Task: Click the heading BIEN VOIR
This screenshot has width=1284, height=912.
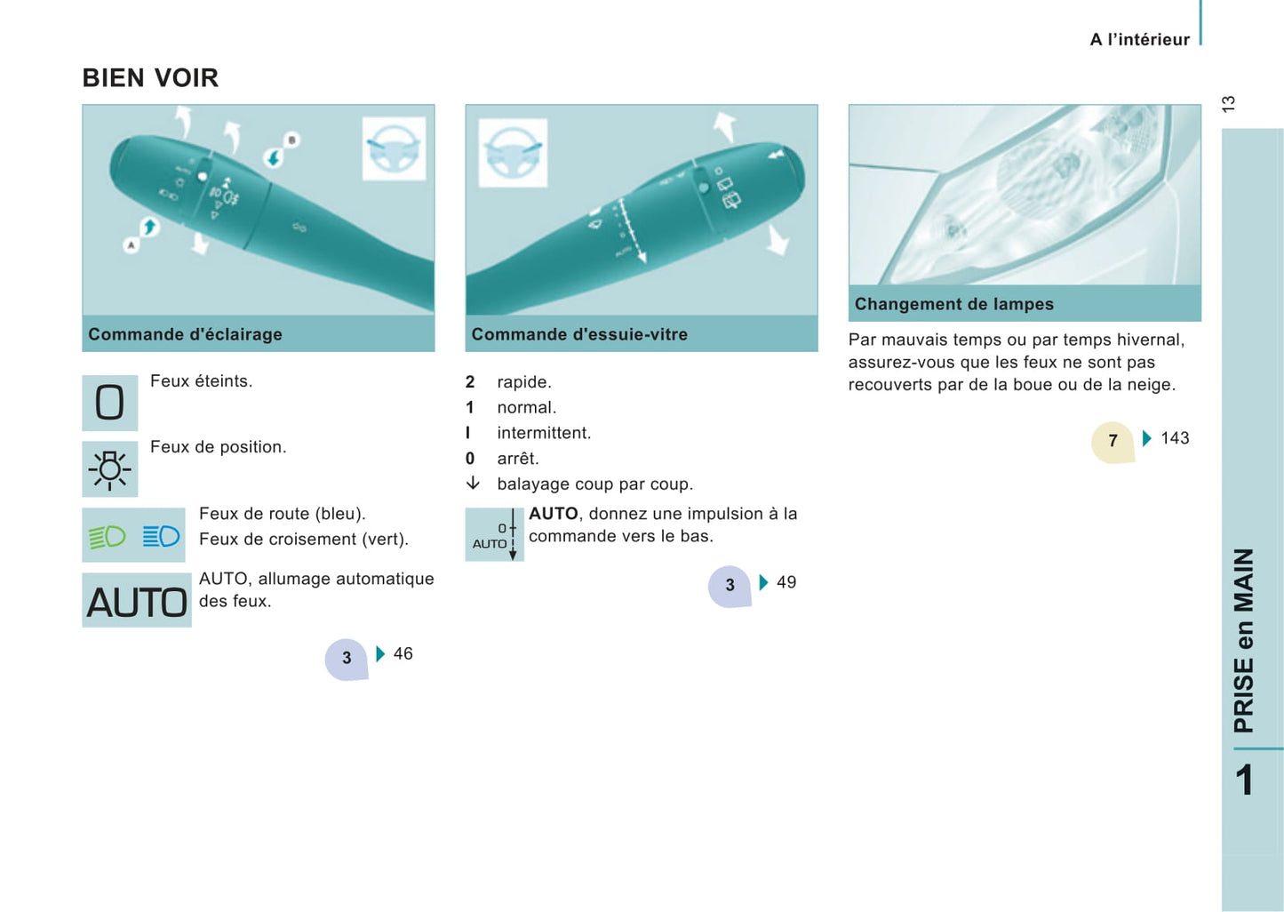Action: click(150, 78)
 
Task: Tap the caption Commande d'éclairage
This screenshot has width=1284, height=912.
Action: click(185, 334)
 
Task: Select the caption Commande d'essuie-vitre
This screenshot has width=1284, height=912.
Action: click(579, 334)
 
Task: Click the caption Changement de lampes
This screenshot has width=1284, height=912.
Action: click(953, 303)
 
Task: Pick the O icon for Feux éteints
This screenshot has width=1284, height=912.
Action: click(109, 403)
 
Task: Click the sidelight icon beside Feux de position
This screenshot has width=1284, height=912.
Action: click(109, 468)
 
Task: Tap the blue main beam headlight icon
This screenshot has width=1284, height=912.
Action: click(161, 536)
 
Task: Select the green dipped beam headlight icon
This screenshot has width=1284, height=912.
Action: click(108, 537)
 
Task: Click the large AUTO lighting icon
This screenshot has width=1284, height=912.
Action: click(137, 601)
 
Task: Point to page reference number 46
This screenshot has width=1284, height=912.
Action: click(403, 653)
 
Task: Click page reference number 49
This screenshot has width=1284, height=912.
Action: click(786, 582)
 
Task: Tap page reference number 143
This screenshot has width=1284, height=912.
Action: click(1175, 438)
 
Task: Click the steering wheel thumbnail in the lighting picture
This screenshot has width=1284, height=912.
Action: click(394, 148)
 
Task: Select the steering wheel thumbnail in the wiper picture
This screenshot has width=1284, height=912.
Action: click(513, 153)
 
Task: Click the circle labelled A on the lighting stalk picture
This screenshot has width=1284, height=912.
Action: click(132, 245)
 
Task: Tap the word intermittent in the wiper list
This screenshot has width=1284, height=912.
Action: click(544, 433)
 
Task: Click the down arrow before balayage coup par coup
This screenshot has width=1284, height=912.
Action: click(473, 483)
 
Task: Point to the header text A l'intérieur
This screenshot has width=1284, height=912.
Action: click(1139, 39)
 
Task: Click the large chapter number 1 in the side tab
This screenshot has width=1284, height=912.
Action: click(1244, 780)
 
